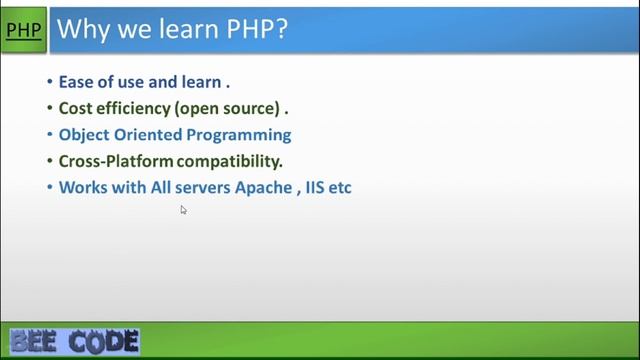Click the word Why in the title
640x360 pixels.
[81, 29]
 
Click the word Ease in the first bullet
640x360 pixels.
[76, 82]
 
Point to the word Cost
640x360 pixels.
[76, 108]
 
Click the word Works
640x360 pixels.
[82, 187]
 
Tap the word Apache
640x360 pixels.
[262, 187]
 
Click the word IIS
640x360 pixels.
[317, 187]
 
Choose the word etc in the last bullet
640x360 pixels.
[342, 187]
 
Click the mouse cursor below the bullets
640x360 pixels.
[183, 210]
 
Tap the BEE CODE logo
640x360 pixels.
[75, 342]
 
